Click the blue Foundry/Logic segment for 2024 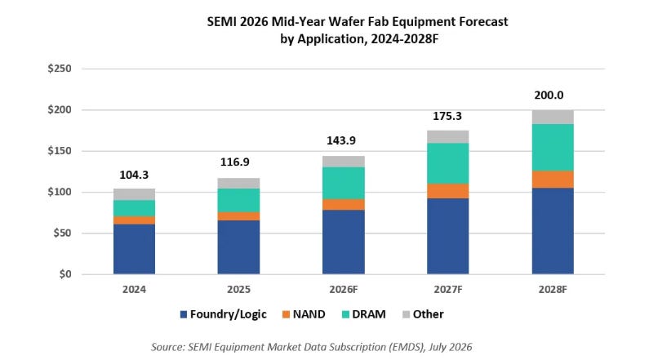pyautogui.click(x=134, y=249)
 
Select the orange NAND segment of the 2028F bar pyautogui.click(x=553, y=180)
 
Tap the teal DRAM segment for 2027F pyautogui.click(x=448, y=163)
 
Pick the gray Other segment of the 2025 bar pyautogui.click(x=239, y=184)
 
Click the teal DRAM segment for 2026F pyautogui.click(x=344, y=184)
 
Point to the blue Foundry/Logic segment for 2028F pyautogui.click(x=553, y=231)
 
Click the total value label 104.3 pyautogui.click(x=134, y=175)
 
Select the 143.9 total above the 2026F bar pyautogui.click(x=341, y=140)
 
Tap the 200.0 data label pyautogui.click(x=549, y=96)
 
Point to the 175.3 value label pyautogui.click(x=447, y=116)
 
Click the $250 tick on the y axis pyautogui.click(x=60, y=69)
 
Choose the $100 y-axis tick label pyautogui.click(x=60, y=192)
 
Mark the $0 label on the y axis pyautogui.click(x=65, y=274)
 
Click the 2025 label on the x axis pyautogui.click(x=239, y=289)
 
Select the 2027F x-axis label pyautogui.click(x=448, y=289)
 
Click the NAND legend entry pyautogui.click(x=304, y=314)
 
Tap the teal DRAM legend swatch pyautogui.click(x=345, y=314)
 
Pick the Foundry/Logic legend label pyautogui.click(x=229, y=314)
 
